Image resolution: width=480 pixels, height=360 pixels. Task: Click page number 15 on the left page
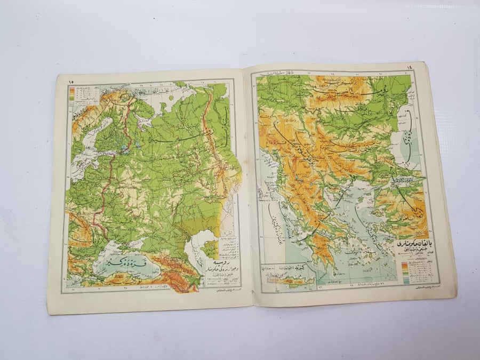click(x=71, y=81)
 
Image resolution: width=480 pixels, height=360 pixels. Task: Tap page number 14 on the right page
click(x=409, y=67)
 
